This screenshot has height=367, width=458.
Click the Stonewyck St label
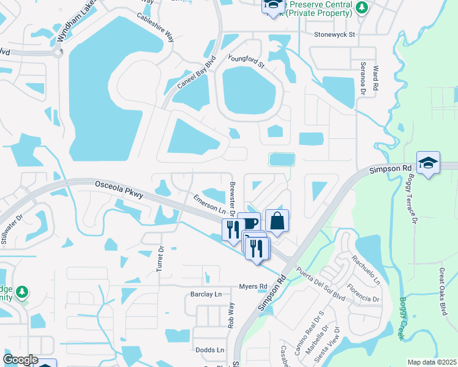pyautogui.click(x=334, y=35)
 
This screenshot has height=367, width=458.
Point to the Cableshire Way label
pyautogui.click(x=156, y=28)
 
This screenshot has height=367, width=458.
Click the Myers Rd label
pyautogui.click(x=253, y=286)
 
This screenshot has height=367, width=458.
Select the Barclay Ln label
pyautogui.click(x=204, y=294)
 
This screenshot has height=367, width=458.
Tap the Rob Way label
pyautogui.click(x=231, y=316)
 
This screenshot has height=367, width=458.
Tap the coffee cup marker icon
pyautogui.click(x=248, y=223)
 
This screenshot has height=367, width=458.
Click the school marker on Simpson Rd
pyautogui.click(x=428, y=163)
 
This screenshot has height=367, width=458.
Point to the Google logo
pyautogui.click(x=20, y=360)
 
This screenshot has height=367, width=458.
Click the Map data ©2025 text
pyautogui.click(x=431, y=362)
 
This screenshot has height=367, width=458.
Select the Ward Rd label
pyautogui.click(x=375, y=79)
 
